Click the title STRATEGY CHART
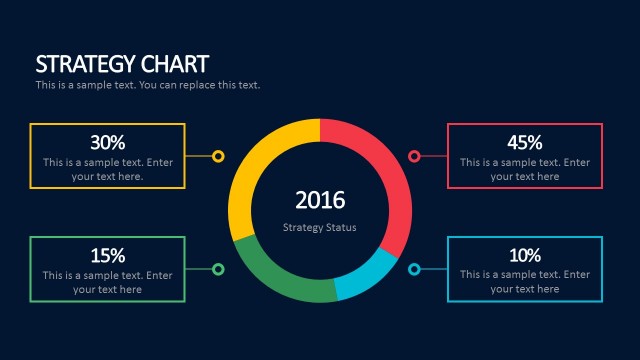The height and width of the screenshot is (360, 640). [122, 64]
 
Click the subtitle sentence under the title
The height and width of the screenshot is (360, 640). [148, 85]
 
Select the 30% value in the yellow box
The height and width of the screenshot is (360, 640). [107, 142]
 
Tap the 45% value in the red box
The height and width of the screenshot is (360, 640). [524, 142]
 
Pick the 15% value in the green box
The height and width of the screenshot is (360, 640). [107, 255]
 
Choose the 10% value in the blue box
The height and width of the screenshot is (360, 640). [524, 255]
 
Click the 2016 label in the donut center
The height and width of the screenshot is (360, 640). [320, 200]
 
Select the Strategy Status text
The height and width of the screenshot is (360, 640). [320, 228]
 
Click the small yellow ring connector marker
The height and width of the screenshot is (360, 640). [218, 156]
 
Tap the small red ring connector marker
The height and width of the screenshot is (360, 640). [414, 156]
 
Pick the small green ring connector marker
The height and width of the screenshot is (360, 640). [218, 269]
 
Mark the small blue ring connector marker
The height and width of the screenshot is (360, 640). [414, 269]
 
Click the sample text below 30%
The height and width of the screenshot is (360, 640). [107, 169]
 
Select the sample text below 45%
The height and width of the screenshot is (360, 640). [524, 169]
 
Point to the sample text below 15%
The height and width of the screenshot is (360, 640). [107, 282]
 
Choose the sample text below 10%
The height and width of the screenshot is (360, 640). [524, 282]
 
